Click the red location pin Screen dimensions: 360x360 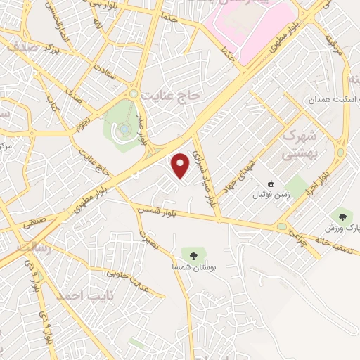tap(181, 165)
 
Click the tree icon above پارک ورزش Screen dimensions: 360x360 tap(343, 217)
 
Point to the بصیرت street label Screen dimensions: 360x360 tap(146, 237)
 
